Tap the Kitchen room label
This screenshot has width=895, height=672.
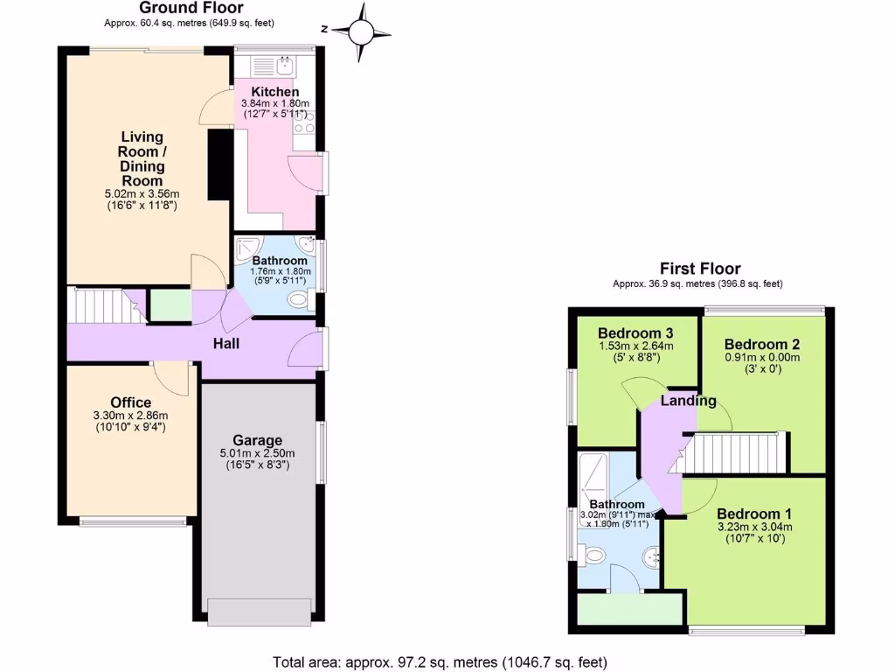[x=275, y=92]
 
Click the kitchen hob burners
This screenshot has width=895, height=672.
[x=305, y=128]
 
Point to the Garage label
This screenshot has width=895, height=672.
[x=257, y=440]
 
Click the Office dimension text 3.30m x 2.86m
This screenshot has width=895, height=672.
[x=131, y=416]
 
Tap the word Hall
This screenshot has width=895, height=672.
[x=226, y=344]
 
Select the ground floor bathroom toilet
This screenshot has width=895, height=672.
[x=298, y=301]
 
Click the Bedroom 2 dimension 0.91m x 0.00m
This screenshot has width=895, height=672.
[x=763, y=357]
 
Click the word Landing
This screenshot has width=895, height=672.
[x=688, y=401]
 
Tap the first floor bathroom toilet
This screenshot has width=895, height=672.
[x=594, y=553]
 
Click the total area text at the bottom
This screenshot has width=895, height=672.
[x=440, y=661]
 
